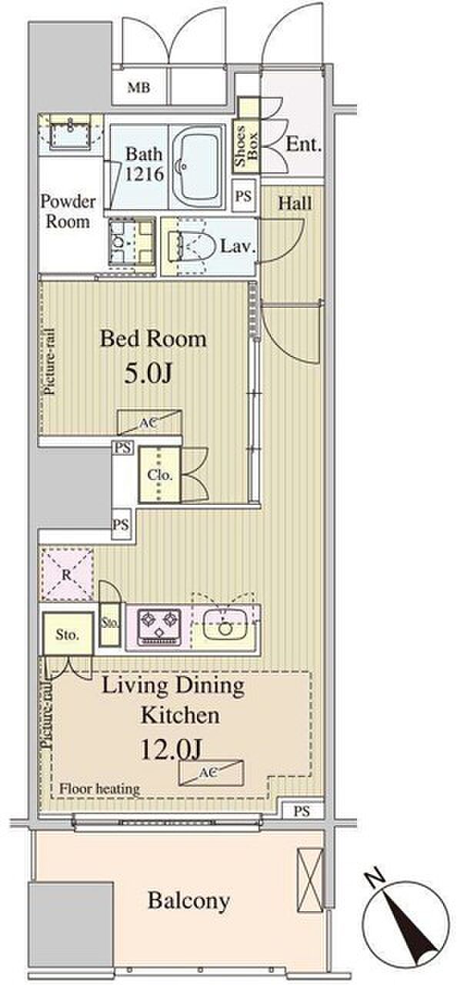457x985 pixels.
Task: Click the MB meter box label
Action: click(138, 88)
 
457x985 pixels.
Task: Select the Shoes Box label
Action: click(246, 146)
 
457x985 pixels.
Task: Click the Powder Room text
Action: click(68, 212)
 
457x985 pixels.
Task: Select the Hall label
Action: click(295, 203)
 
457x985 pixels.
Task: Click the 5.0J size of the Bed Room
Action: click(147, 374)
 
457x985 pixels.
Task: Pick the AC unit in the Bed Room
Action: click(149, 422)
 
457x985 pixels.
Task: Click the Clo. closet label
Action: click(160, 475)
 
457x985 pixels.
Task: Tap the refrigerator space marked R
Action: click(67, 575)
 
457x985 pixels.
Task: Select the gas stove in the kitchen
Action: click(159, 626)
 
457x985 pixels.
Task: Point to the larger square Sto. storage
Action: click(68, 635)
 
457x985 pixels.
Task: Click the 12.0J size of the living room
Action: click(171, 750)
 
